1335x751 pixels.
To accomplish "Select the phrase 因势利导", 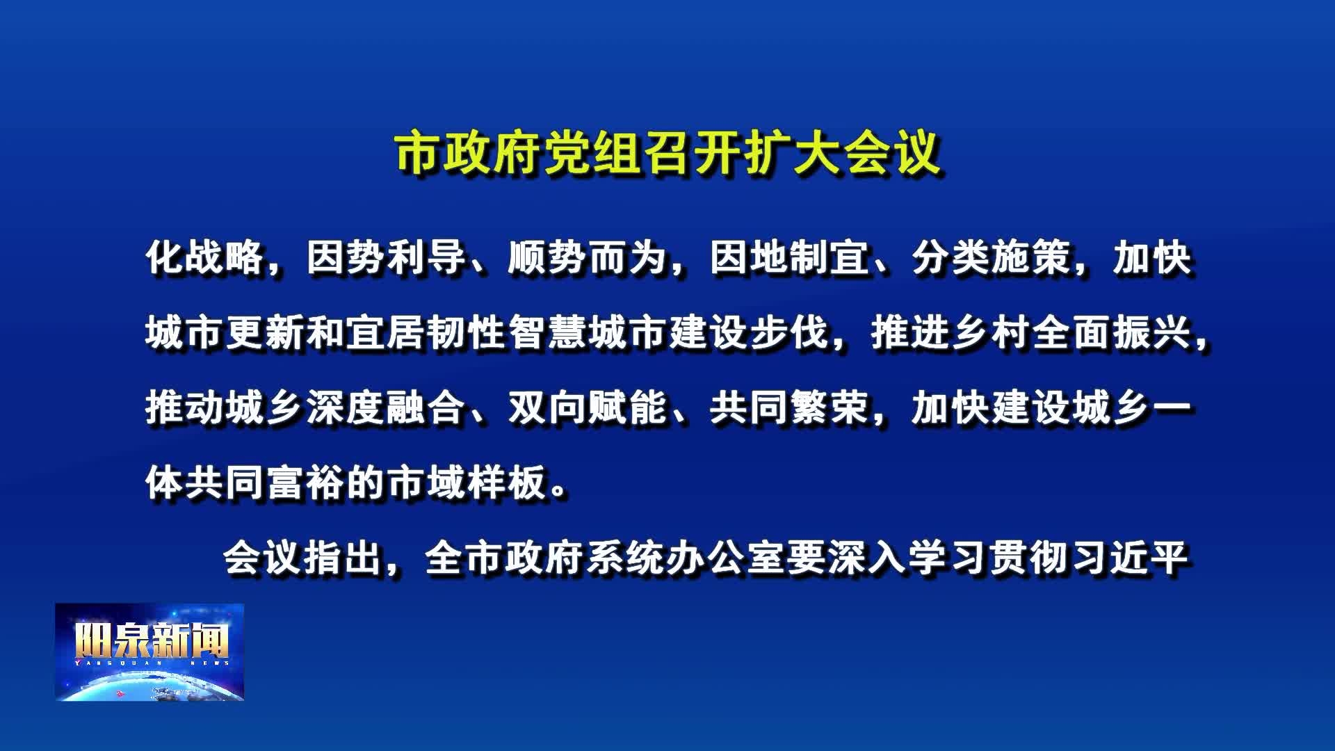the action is pyautogui.click(x=387, y=258).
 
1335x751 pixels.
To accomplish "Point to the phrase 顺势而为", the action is pyautogui.click(x=588, y=258).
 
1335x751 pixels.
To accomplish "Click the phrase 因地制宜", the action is pyautogui.click(x=790, y=258).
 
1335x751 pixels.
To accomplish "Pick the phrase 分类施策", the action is pyautogui.click(x=992, y=258).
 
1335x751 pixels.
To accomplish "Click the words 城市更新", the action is pyautogui.click(x=225, y=333).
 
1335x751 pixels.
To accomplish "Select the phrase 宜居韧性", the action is pyautogui.click(x=427, y=333).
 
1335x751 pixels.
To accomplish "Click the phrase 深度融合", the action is pyautogui.click(x=387, y=408).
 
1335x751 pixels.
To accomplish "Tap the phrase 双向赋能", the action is pyautogui.click(x=588, y=408).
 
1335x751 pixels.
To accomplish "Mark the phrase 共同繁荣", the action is pyautogui.click(x=790, y=408).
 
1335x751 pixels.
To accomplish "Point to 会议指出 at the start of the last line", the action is pyautogui.click(x=303, y=558).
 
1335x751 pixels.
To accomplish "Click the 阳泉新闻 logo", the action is pyautogui.click(x=150, y=652).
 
